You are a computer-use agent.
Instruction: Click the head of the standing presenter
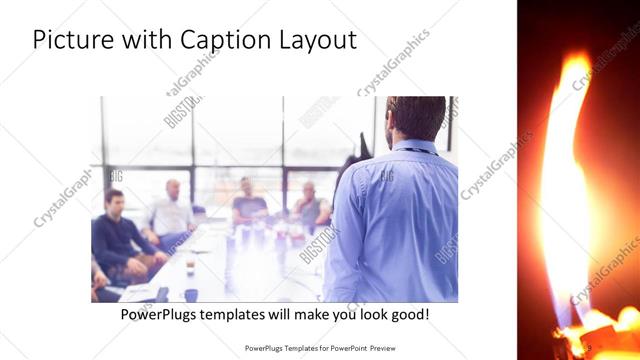412,118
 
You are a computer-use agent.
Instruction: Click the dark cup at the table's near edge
190,294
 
